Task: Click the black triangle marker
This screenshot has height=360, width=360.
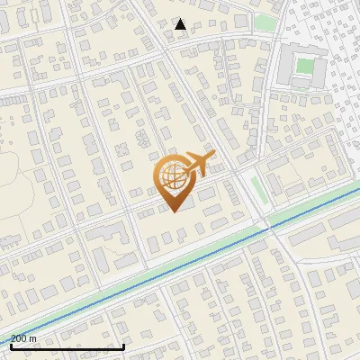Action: coord(181,24)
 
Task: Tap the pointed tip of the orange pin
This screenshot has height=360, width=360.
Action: coord(171,211)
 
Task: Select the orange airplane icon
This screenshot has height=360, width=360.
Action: coord(197,166)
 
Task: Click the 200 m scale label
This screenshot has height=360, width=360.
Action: coord(24,338)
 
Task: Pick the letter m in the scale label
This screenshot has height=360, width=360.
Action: coord(33,338)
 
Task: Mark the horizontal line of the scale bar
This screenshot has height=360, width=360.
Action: coord(67,346)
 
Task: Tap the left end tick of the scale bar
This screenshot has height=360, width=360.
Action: coord(11,345)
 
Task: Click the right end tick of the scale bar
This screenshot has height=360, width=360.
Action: coord(123,345)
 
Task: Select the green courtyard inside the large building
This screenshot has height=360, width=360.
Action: coord(305,66)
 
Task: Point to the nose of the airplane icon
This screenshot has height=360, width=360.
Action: coord(214,156)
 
